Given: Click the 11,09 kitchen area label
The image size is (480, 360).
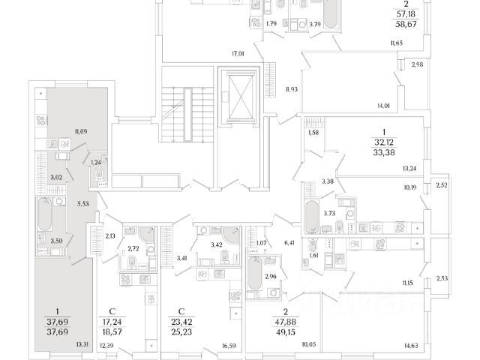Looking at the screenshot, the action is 81,132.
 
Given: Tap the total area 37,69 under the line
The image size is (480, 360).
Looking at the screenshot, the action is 57,331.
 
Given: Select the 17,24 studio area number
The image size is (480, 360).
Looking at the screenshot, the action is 112,322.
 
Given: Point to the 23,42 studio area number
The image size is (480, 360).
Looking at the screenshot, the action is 181,322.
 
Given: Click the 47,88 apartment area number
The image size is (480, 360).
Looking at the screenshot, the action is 285,322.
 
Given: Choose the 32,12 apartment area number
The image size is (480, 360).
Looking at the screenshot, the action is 384,142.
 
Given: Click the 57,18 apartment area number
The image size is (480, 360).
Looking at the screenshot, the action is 406,13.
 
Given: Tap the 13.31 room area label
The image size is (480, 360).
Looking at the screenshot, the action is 82,345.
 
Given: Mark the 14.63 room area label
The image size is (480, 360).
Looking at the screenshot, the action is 411,346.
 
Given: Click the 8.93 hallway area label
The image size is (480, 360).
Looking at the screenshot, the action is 292,90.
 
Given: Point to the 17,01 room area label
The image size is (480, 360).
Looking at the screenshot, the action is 238,54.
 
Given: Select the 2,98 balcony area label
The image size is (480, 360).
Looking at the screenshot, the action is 417,64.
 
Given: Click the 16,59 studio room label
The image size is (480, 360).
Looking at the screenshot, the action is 229,346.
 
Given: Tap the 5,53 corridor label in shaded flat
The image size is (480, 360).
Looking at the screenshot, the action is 83,203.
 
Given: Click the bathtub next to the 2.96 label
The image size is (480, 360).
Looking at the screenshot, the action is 255,273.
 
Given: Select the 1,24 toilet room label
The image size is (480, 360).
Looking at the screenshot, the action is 95,162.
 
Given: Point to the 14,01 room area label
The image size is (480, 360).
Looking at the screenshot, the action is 383,106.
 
